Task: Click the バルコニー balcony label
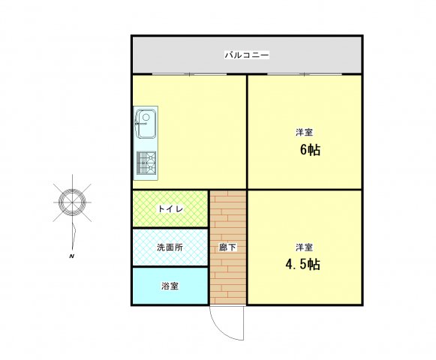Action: point(247,55)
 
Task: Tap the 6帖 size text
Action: point(310,150)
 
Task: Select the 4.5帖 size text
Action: point(302,264)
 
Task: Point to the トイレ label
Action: point(170,208)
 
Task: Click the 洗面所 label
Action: point(170,247)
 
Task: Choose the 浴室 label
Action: point(170,286)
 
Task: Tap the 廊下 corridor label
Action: point(227,247)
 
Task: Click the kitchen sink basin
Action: point(146,124)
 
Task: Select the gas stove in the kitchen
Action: point(146,162)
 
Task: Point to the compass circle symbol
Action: point(72,202)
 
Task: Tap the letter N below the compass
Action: point(72,256)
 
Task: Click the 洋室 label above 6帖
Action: point(304,132)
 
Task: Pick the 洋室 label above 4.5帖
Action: point(304,247)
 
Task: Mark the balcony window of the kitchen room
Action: point(189,74)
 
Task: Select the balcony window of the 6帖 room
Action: point(305,74)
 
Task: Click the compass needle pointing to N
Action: point(74,236)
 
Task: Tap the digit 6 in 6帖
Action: point(303,150)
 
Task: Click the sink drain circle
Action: point(146,117)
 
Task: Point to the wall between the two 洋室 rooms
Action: point(305,190)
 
